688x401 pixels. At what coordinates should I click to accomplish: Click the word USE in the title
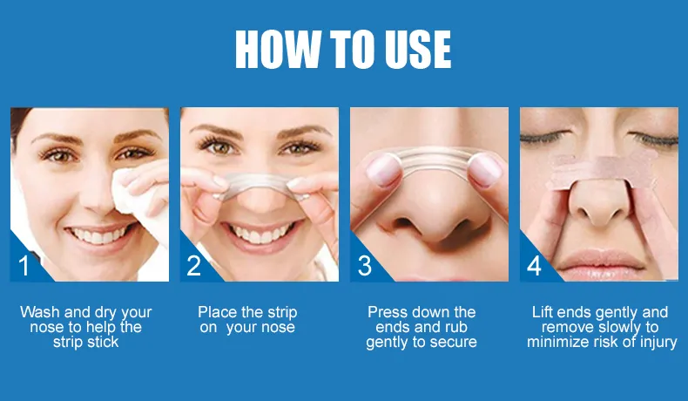(x=418, y=49)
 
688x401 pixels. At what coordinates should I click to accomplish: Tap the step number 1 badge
(x=24, y=265)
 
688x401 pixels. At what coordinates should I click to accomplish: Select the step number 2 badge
(x=194, y=265)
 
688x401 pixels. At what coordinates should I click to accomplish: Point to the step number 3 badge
(x=364, y=265)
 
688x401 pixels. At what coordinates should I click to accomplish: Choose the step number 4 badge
(x=534, y=265)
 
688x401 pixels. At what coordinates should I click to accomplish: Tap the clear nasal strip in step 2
(x=260, y=186)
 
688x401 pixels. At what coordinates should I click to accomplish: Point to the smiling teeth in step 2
(x=261, y=234)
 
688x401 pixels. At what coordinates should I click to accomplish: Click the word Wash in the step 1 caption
(x=40, y=312)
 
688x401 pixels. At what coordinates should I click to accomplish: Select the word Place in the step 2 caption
(x=218, y=312)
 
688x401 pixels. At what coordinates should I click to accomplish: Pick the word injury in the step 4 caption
(x=658, y=343)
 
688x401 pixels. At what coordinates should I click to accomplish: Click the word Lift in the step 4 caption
(x=542, y=312)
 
